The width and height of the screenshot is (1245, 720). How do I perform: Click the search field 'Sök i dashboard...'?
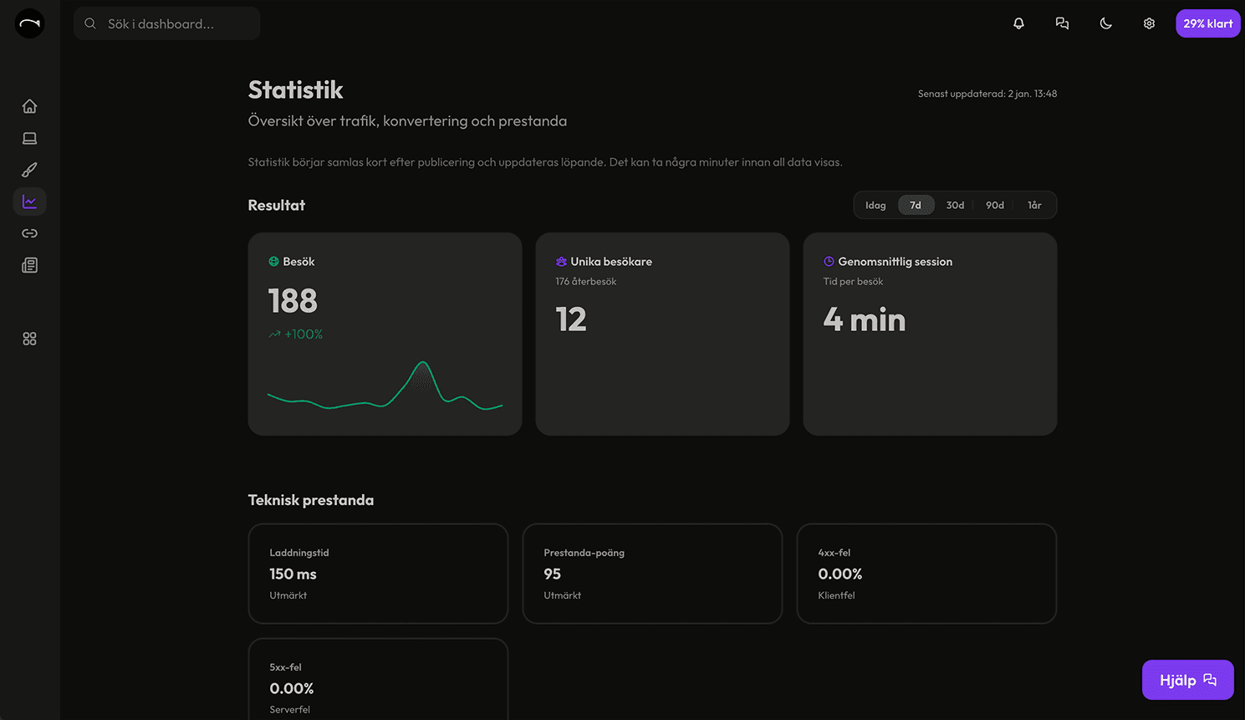pyautogui.click(x=167, y=23)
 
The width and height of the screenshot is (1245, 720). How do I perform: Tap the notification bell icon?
pyautogui.click(x=1018, y=23)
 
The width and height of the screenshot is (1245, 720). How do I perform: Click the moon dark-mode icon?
pyautogui.click(x=1105, y=23)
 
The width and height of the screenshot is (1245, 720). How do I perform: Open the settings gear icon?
pyautogui.click(x=1149, y=23)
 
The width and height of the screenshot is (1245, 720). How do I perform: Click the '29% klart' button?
pyautogui.click(x=1207, y=23)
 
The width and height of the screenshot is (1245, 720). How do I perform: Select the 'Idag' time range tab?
pyautogui.click(x=875, y=205)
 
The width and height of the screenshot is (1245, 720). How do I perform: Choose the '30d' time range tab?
pyautogui.click(x=955, y=205)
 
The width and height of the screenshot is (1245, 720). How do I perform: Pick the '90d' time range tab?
pyautogui.click(x=994, y=205)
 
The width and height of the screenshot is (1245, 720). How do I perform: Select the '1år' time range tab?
pyautogui.click(x=1034, y=205)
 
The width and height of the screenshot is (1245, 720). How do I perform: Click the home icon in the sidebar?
pyautogui.click(x=29, y=106)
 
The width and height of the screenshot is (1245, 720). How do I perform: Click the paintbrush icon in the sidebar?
pyautogui.click(x=29, y=170)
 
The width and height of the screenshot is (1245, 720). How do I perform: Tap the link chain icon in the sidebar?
pyautogui.click(x=29, y=233)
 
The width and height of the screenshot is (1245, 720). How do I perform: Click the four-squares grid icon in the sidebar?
pyautogui.click(x=29, y=339)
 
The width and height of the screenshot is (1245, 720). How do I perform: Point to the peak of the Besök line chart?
pyautogui.click(x=423, y=363)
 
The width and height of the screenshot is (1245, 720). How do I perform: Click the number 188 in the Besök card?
pyautogui.click(x=293, y=301)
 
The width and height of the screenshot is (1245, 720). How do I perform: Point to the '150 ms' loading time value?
pyautogui.click(x=293, y=574)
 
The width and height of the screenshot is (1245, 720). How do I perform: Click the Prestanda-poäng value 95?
pyautogui.click(x=552, y=574)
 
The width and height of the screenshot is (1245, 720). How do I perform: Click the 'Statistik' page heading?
pyautogui.click(x=295, y=89)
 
